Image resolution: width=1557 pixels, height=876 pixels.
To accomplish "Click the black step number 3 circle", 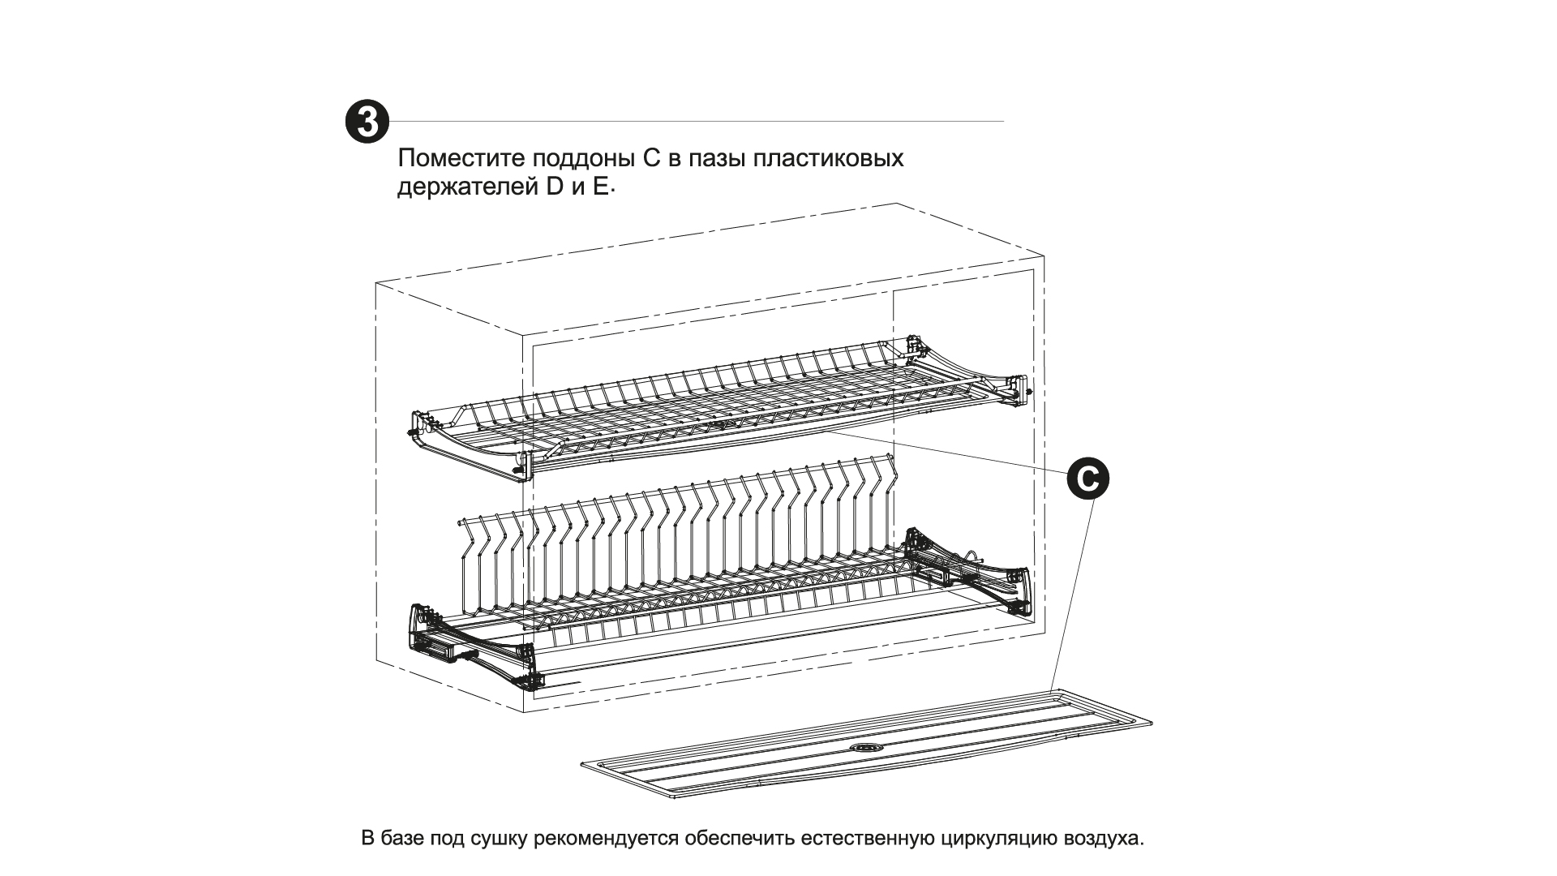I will coord(367,122).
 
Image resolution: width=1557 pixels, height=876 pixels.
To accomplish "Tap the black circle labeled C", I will coord(1087,479).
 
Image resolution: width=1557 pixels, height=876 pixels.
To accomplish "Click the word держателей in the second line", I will coord(463,187).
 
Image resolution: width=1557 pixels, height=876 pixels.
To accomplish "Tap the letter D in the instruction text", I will coord(554,187).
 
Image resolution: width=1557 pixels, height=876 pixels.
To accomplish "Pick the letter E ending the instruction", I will coord(599,187).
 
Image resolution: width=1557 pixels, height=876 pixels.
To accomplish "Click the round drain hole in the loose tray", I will coord(866,746).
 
